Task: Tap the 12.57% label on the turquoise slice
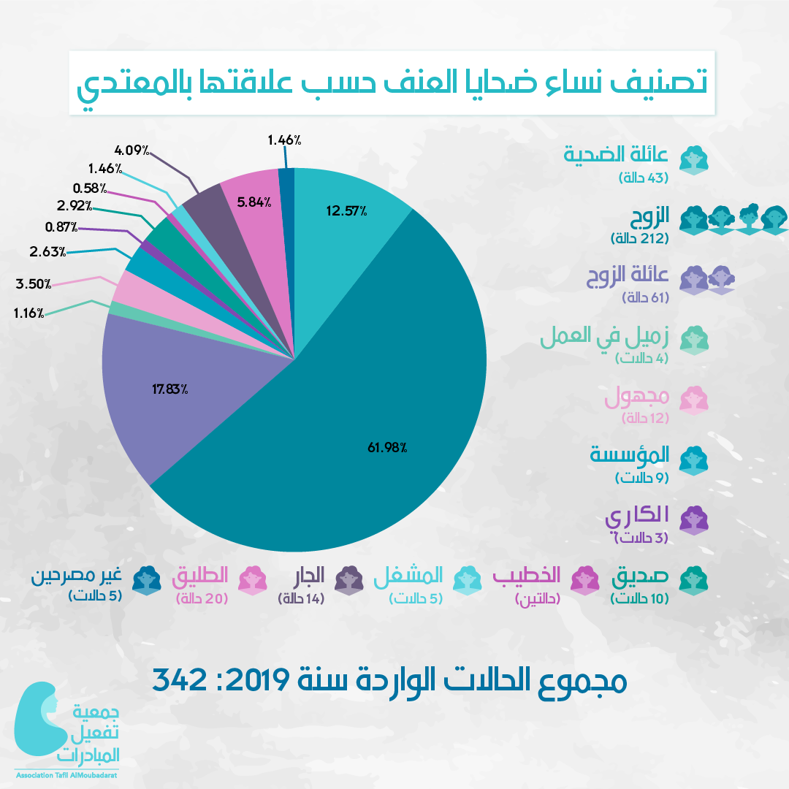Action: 346,212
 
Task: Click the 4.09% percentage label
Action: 132,151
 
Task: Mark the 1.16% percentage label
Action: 29,313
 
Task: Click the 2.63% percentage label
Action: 48,252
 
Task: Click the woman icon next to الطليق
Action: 253,579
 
